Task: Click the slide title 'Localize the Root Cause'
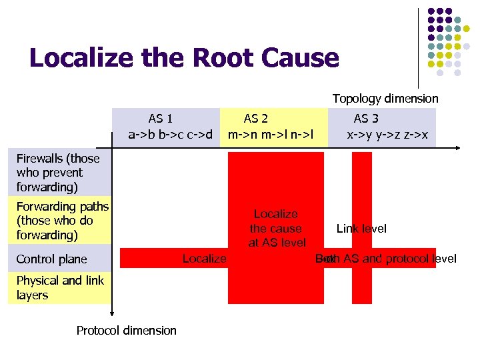pos(184,59)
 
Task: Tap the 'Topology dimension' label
pos(385,99)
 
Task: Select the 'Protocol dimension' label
pos(127,331)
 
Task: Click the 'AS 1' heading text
pos(161,119)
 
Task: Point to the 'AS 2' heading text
pos(256,119)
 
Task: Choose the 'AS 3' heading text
pos(366,119)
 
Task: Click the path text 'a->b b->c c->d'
pos(171,134)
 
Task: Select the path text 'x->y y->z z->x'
pos(387,134)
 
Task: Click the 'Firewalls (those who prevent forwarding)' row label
pos(58,173)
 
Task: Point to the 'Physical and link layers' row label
pos(60,287)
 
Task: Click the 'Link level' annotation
pos(361,229)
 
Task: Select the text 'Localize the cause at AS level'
pos(276,229)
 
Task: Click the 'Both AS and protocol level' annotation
pos(387,259)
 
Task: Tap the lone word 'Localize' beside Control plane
pos(204,259)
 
